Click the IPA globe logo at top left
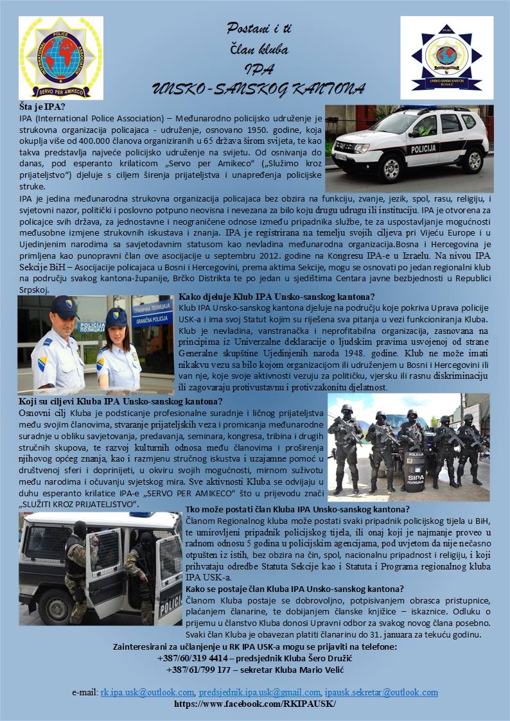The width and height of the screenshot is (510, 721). (x=60, y=57)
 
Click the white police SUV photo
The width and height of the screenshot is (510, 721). (x=409, y=146)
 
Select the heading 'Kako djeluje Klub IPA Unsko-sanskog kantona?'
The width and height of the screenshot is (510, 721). (x=277, y=297)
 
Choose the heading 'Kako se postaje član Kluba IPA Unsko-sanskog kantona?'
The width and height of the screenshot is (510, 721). (x=295, y=589)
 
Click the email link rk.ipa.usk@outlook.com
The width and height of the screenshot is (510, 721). (x=148, y=692)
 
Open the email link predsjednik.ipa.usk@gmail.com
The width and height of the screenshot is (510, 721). (x=259, y=692)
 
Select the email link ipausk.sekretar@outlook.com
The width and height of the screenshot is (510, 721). (x=382, y=692)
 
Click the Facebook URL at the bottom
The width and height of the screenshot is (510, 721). (x=255, y=703)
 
